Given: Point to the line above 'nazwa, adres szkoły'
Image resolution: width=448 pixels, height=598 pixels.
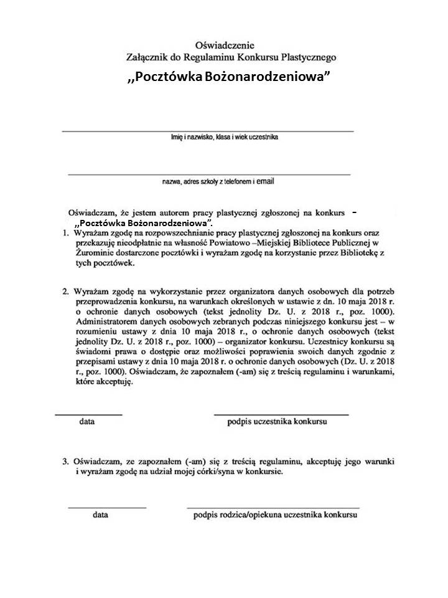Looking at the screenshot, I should pos(208,174).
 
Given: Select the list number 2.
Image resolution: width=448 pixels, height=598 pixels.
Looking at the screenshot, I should pos(66,291).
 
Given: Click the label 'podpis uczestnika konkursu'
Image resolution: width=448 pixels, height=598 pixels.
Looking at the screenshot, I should pos(278,422).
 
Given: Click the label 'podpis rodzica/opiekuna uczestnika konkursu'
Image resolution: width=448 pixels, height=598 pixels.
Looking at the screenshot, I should pos(275,516).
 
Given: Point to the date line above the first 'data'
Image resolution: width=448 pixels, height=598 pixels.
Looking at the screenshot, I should pos(88,414).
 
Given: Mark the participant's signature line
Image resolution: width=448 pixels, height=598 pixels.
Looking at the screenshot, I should pos(281,414).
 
